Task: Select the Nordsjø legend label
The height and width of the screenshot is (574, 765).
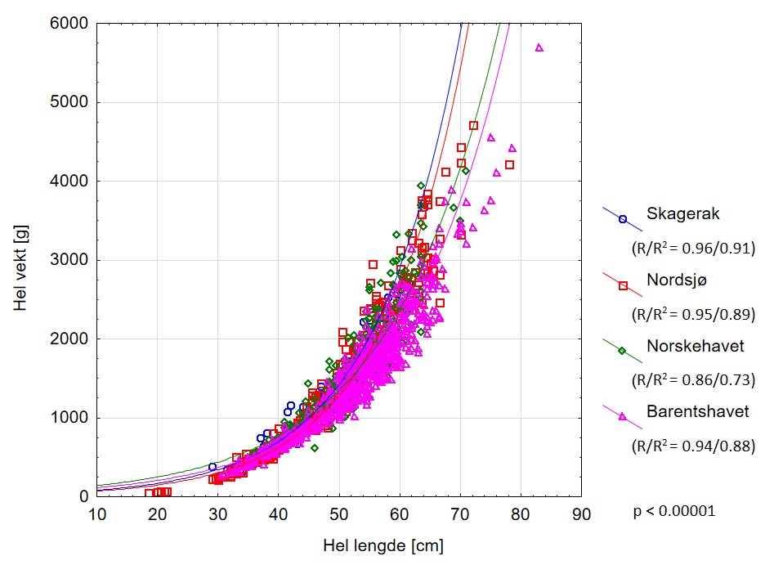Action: point(678,280)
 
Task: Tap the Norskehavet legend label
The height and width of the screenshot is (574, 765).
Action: point(696,346)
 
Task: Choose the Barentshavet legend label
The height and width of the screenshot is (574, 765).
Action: point(697,412)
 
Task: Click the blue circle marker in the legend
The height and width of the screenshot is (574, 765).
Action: point(623,219)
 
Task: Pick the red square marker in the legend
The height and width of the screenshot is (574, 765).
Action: point(623,285)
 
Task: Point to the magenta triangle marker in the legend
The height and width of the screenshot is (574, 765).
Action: point(623,417)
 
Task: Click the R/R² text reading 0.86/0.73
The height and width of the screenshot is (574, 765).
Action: point(693,380)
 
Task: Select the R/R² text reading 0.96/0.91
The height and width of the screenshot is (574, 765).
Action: point(693,248)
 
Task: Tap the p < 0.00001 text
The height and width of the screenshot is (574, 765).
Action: point(674,512)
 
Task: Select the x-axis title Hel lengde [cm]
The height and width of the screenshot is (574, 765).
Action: point(382,545)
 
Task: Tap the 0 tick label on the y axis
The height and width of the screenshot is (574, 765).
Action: point(83,496)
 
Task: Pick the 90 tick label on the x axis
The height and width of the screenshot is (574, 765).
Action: point(581,514)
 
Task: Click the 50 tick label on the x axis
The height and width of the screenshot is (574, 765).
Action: point(339,514)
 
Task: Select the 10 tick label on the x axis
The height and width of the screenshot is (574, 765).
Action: point(97,514)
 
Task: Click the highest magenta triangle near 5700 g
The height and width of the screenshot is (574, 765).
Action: point(539,48)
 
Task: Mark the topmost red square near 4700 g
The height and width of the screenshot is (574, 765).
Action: point(473,126)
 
